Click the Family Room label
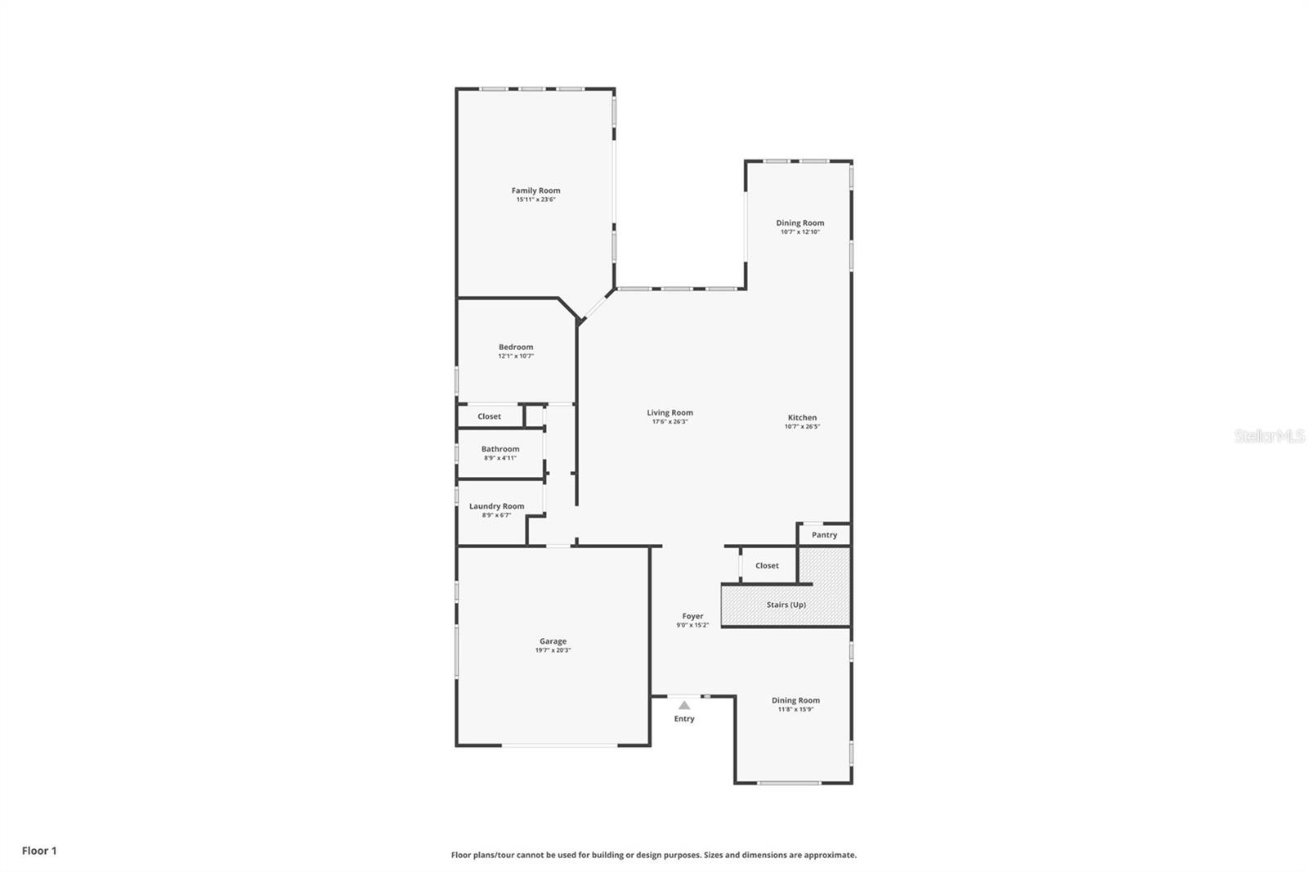(x=535, y=191)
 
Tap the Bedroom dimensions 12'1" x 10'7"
(x=516, y=357)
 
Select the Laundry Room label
(x=496, y=506)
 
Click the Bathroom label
(x=499, y=449)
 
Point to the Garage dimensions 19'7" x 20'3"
(x=553, y=650)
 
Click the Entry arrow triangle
(x=684, y=705)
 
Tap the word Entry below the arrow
(x=684, y=719)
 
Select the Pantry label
(x=824, y=535)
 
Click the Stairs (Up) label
(x=786, y=605)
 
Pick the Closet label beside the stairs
(x=767, y=565)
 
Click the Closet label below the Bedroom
(x=489, y=416)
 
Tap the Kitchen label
(x=802, y=417)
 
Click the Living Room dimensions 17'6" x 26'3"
(x=670, y=422)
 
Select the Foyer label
(x=692, y=616)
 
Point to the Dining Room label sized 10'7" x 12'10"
(x=800, y=222)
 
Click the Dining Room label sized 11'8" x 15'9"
(x=795, y=700)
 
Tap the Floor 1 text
(x=39, y=851)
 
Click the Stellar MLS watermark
(x=1269, y=436)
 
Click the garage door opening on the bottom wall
(x=560, y=745)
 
